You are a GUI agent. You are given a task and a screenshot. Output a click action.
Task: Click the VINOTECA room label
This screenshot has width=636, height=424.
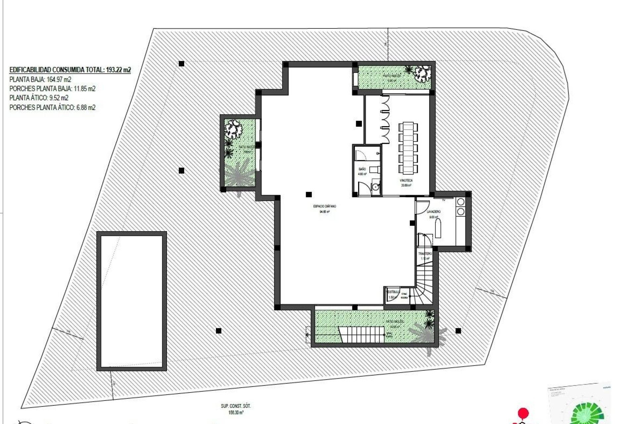(406, 181)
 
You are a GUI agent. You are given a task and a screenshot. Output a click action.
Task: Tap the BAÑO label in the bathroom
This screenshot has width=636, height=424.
(362, 169)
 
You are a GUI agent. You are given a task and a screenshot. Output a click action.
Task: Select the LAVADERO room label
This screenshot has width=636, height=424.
(434, 211)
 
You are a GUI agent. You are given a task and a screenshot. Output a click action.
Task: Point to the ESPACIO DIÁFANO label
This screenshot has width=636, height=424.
(324, 206)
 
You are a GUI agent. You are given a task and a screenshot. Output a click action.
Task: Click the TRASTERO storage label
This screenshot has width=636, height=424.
(425, 254)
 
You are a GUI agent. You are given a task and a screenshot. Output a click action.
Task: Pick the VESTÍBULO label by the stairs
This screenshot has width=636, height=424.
(393, 292)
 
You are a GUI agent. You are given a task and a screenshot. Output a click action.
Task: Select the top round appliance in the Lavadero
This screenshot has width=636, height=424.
(460, 202)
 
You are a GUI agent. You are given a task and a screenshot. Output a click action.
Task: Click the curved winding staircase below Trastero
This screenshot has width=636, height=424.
(424, 285)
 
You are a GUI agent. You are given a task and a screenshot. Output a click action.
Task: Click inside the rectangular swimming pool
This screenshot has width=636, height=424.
(132, 301)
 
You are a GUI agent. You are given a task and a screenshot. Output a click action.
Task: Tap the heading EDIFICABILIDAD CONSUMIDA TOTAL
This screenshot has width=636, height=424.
(70, 70)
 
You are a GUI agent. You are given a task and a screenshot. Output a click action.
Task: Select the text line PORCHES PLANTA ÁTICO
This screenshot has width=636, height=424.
(52, 107)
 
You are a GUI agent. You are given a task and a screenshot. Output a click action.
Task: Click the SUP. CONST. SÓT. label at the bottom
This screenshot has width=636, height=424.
(236, 406)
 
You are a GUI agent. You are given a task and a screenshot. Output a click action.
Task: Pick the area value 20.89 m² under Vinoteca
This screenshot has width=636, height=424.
(406, 185)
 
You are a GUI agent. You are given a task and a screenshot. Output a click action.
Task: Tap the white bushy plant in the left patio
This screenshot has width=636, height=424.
(233, 129)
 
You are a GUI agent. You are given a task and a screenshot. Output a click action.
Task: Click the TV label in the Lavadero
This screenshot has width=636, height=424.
(444, 200)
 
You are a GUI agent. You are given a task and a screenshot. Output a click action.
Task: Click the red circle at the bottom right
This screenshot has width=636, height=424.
(523, 413)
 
